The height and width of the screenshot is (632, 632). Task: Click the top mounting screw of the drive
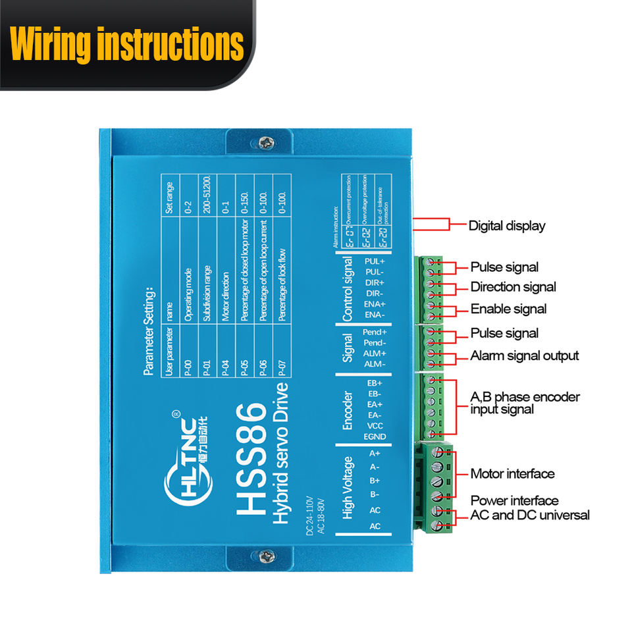265,142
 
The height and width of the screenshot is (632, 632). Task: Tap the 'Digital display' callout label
507,226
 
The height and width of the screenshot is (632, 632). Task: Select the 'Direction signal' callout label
513,287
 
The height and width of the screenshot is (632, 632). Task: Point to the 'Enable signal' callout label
508,309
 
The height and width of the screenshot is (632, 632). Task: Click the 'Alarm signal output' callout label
525,355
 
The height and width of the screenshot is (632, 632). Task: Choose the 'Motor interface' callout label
512,474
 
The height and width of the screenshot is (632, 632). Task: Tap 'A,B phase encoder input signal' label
525,403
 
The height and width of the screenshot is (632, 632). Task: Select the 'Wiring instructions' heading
127,44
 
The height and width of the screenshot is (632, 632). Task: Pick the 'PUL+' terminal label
374,262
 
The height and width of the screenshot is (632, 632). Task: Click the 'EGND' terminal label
374,436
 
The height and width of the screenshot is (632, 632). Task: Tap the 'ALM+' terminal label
374,354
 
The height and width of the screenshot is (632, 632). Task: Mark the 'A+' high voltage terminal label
374,453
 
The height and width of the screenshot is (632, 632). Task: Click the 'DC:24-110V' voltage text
310,517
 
